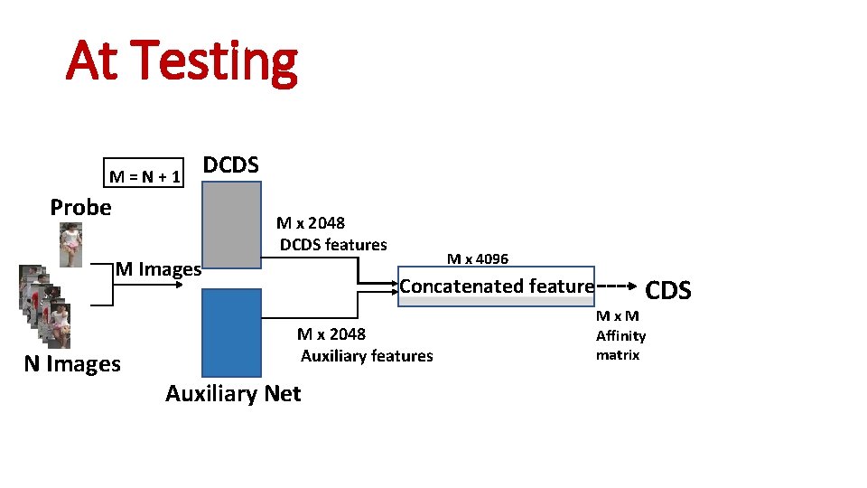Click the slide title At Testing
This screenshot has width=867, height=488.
point(182,61)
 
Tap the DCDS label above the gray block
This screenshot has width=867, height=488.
point(231,165)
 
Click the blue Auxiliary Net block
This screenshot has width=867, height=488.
point(231,332)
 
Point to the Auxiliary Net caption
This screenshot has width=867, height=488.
point(233,393)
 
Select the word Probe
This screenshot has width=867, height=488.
point(81,207)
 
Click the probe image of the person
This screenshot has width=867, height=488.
point(70,245)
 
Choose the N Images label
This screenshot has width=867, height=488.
point(72,364)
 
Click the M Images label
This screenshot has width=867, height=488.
point(158,269)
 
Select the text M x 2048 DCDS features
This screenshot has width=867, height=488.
point(331,234)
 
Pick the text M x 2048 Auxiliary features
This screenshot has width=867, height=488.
point(366,344)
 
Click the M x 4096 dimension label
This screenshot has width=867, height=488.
point(478,259)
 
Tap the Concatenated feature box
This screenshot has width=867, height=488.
point(497,286)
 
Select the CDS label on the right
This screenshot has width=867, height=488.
point(668,290)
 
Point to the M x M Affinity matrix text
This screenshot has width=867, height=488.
point(620,335)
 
